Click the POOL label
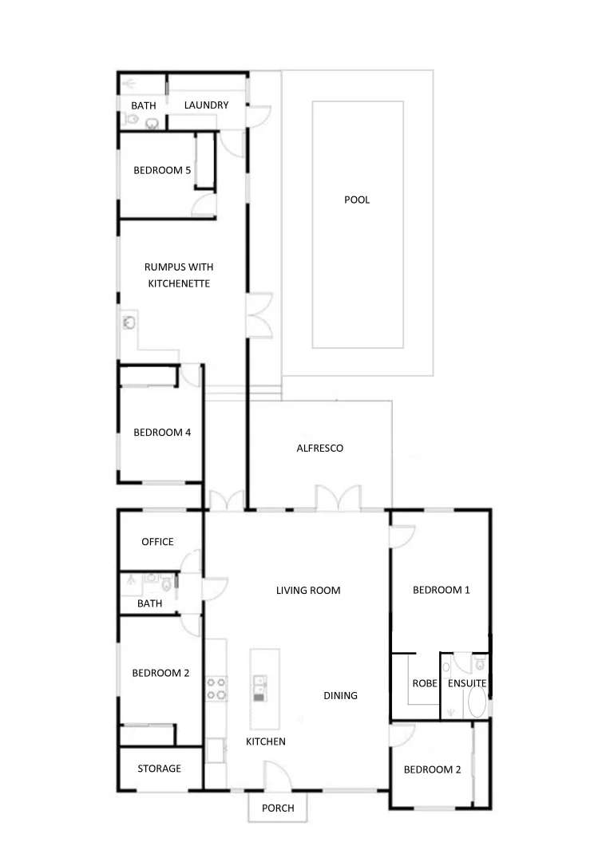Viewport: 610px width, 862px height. [x=357, y=200]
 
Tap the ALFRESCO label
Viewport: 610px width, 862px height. [x=319, y=448]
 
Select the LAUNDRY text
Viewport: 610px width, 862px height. [x=206, y=105]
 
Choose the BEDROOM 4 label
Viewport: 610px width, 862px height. [x=162, y=433]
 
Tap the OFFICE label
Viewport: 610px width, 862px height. [x=157, y=542]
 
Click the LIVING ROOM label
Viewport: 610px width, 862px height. [x=308, y=591]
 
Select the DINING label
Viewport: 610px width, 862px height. [x=340, y=695]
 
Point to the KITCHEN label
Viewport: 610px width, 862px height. [x=265, y=741]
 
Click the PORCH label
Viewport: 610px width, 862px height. [x=278, y=808]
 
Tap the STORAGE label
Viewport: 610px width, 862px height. [x=159, y=769]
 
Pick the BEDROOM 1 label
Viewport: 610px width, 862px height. [x=441, y=590]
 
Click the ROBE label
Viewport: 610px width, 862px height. [x=424, y=684]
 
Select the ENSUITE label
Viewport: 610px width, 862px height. [x=466, y=684]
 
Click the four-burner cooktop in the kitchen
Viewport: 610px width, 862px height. [x=216, y=688]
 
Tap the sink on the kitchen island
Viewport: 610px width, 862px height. [x=259, y=686]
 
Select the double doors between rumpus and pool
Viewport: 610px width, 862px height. [x=260, y=316]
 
